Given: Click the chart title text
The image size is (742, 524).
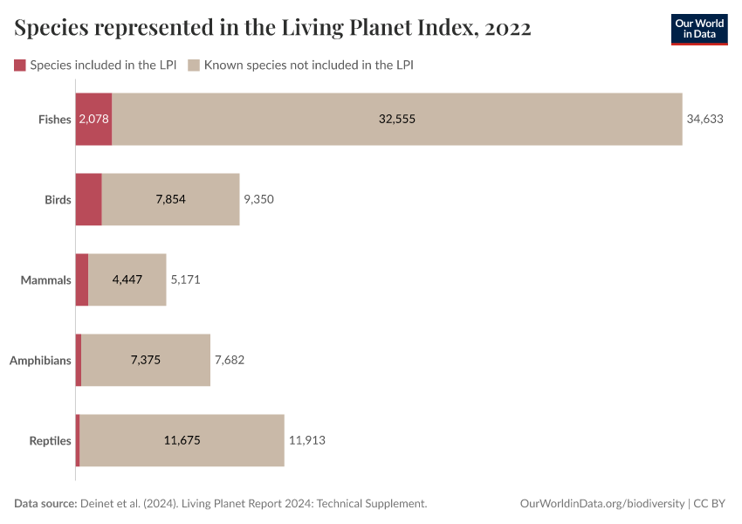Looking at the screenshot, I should tap(272, 28).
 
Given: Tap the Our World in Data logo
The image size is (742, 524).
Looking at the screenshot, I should tap(698, 29).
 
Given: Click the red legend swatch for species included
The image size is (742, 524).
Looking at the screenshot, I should tap(20, 65).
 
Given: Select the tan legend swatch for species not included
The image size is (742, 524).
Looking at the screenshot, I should tap(195, 65).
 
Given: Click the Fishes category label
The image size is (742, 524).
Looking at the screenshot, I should tap(54, 120).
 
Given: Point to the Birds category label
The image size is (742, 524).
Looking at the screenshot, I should tap(58, 200).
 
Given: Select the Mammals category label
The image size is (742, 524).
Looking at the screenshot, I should tap(45, 280).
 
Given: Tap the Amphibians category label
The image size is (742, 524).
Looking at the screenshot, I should tap(40, 360).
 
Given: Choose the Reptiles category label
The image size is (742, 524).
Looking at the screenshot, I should tap(49, 440).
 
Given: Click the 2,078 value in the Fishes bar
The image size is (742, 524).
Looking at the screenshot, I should tap(93, 119).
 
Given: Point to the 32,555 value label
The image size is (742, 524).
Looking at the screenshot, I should tap(397, 119).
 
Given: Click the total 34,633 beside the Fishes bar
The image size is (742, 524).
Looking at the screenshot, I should tap(705, 119).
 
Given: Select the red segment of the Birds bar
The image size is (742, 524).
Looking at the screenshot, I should tap(89, 199).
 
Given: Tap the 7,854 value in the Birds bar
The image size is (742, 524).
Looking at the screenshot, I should tap(171, 199).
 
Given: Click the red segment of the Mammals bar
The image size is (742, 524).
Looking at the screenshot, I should tap(82, 279).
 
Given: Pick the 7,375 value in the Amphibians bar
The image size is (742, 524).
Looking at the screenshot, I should tap(146, 360).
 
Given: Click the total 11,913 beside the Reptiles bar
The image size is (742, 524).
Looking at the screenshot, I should tap(306, 440).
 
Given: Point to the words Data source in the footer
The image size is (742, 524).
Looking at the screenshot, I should tap(45, 504).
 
